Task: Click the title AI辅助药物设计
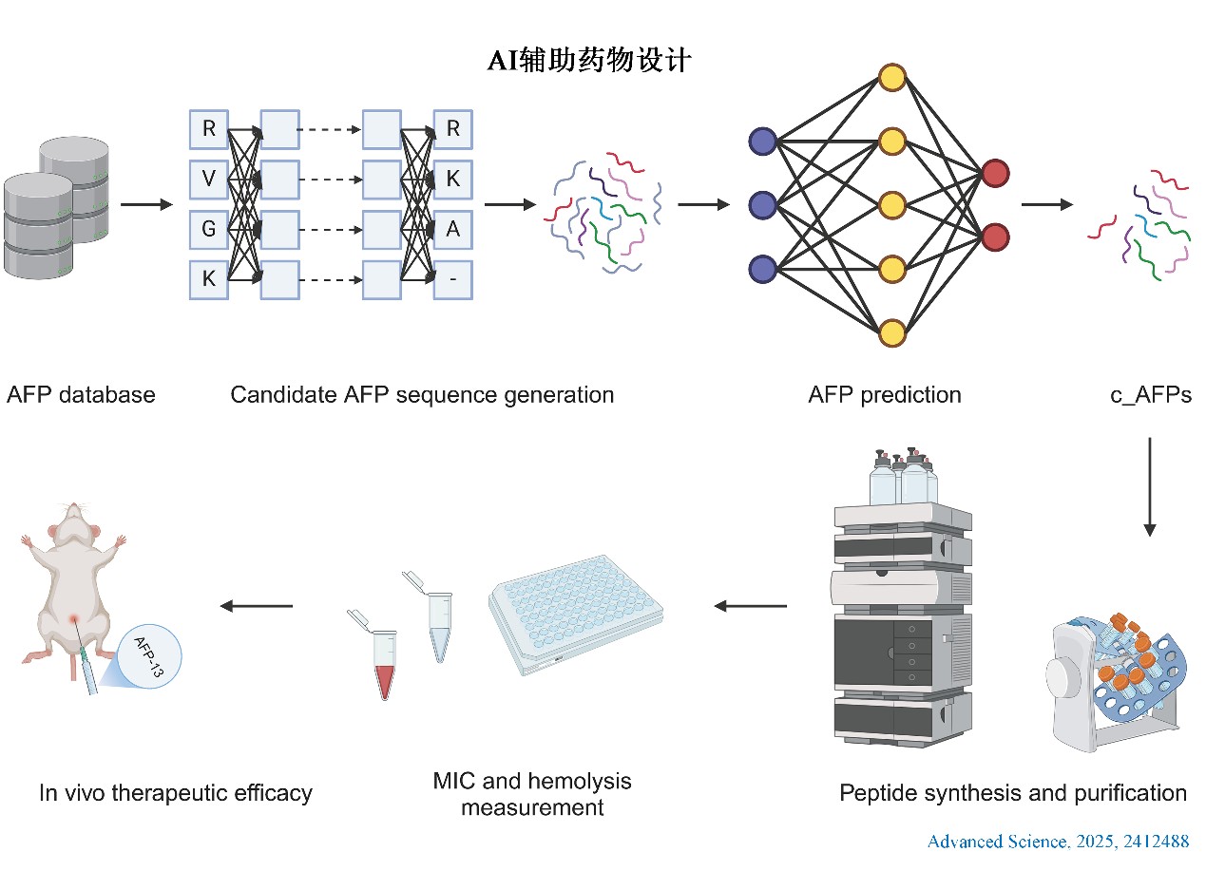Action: click(x=589, y=60)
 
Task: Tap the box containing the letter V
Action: click(x=209, y=180)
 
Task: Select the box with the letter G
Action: click(x=209, y=230)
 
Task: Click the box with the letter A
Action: click(x=452, y=230)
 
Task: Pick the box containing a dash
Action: click(x=452, y=280)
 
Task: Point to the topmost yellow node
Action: click(x=892, y=78)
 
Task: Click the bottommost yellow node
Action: click(x=892, y=333)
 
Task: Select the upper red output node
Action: click(x=995, y=173)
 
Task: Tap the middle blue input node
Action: click(x=763, y=205)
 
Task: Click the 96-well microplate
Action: click(x=576, y=614)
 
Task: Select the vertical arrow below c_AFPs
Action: click(x=1150, y=487)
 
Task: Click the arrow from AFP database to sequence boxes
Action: click(x=146, y=204)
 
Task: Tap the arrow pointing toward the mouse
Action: click(x=257, y=606)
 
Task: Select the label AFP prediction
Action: click(x=885, y=395)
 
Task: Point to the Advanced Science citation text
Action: click(x=1058, y=842)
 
